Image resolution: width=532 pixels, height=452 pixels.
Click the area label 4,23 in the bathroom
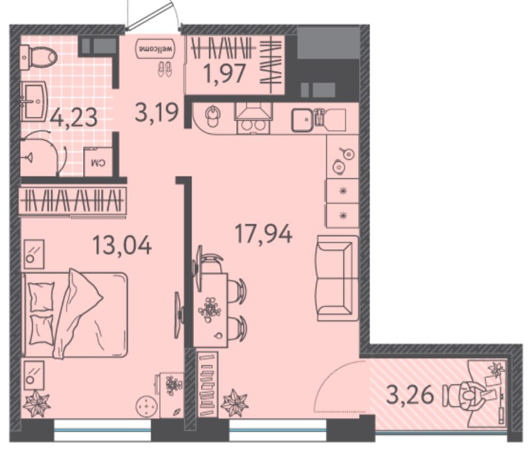tap(73, 117)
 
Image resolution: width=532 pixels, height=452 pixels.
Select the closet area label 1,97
tap(224, 73)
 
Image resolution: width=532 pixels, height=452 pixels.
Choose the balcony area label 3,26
tap(410, 395)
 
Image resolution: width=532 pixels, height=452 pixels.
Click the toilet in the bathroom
tap(38, 57)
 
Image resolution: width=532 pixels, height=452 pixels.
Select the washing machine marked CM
tap(98, 162)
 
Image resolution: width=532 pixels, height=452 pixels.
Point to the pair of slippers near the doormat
tap(165, 68)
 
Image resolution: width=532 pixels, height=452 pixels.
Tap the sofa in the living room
tap(338, 279)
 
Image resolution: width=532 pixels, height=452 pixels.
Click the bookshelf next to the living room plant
tap(207, 384)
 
